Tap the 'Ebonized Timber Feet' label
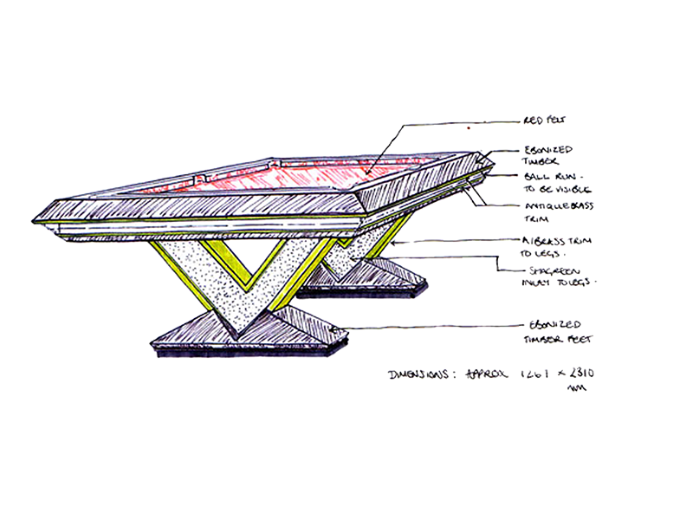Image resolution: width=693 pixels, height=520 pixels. (x=558, y=331)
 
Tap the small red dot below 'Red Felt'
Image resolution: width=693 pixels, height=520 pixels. (x=469, y=129)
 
